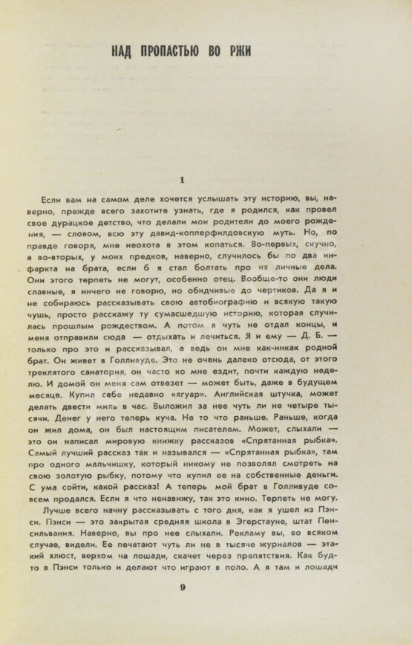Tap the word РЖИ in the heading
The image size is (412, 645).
tap(239, 51)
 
